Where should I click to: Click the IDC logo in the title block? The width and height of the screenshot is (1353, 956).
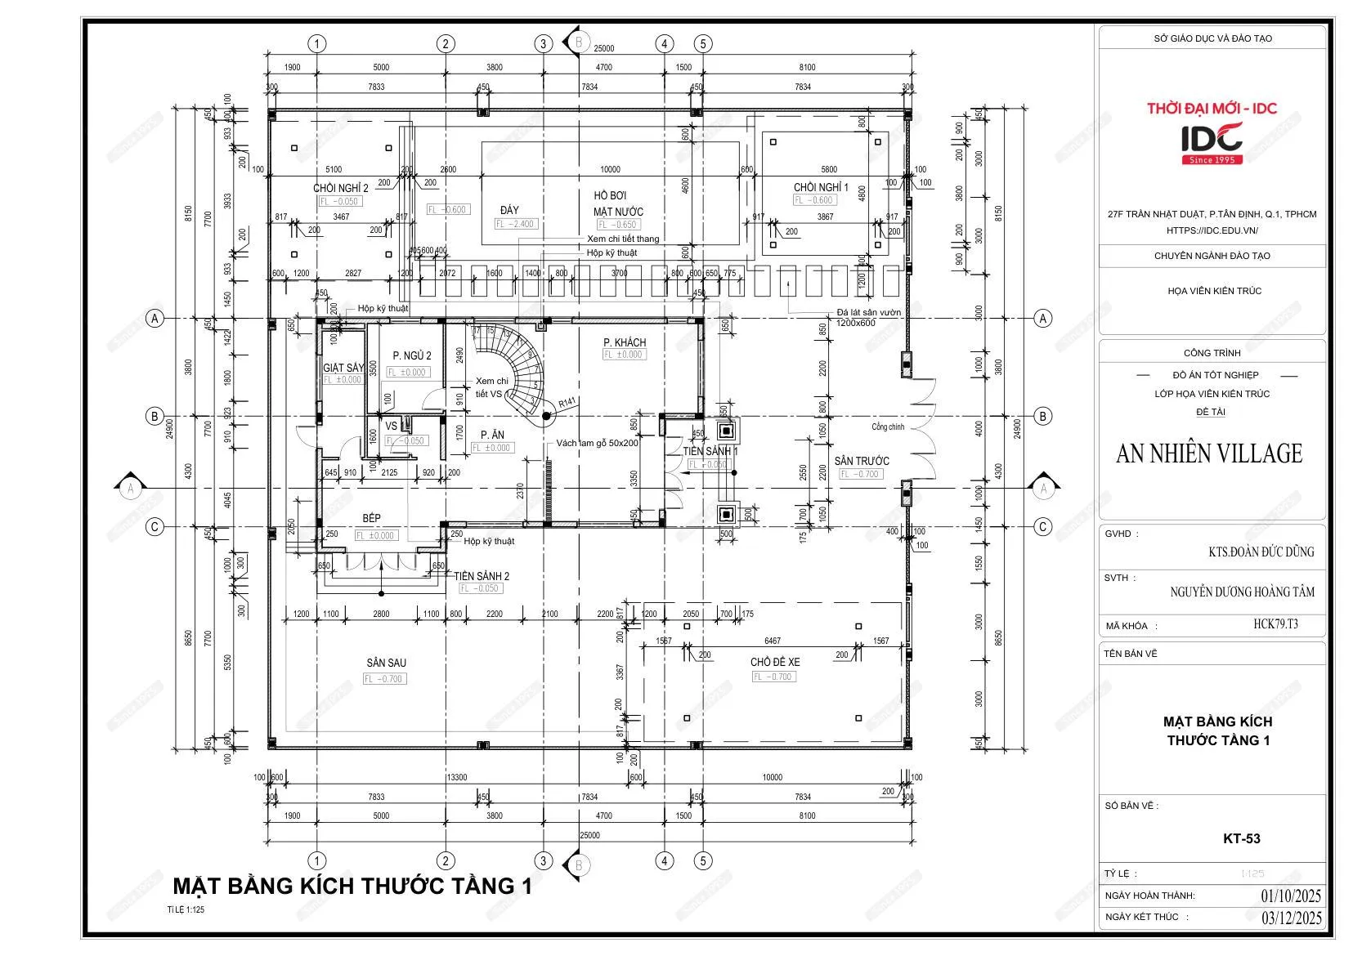coord(1212,141)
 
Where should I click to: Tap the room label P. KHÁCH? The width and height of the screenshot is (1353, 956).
coord(625,342)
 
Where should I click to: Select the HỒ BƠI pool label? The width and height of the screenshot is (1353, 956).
coord(610,196)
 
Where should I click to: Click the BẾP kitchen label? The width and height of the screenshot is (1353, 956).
coord(372,519)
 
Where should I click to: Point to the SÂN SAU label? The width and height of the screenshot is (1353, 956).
coord(386,663)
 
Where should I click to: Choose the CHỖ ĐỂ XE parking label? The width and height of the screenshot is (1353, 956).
coord(774,662)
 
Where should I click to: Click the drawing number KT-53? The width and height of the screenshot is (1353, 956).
coord(1241,838)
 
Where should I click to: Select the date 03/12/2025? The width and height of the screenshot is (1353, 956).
coord(1291,918)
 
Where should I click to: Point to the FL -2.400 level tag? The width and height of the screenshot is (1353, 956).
coord(516,224)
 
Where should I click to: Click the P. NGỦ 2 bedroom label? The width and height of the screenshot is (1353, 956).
coord(411,356)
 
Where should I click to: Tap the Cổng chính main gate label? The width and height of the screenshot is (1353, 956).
coord(888,427)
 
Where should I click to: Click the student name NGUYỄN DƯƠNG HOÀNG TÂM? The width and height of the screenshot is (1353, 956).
coord(1242,592)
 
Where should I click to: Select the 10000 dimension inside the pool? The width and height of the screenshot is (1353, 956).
coord(610,170)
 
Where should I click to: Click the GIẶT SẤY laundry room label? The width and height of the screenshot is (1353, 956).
coord(343,369)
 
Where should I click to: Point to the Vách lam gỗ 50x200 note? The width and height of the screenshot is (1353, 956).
coord(597,443)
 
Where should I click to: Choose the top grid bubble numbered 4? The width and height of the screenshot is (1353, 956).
coord(664,44)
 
